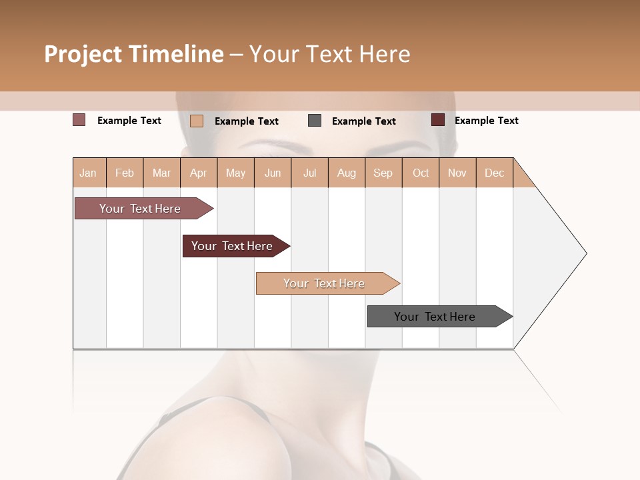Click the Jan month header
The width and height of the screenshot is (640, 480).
pyautogui.click(x=89, y=173)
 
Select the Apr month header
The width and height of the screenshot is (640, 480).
pyautogui.click(x=199, y=173)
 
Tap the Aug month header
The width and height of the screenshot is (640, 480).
pyautogui.click(x=347, y=173)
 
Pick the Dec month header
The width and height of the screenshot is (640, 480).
pyautogui.click(x=494, y=173)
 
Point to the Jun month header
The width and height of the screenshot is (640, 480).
pyautogui.click(x=273, y=173)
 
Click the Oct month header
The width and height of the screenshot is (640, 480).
pyautogui.click(x=421, y=173)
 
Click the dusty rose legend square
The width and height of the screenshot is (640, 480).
pyautogui.click(x=79, y=120)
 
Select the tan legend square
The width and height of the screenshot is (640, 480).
pyautogui.click(x=196, y=121)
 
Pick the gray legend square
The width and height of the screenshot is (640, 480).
pyautogui.click(x=315, y=121)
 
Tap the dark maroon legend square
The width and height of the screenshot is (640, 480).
pyautogui.click(x=437, y=120)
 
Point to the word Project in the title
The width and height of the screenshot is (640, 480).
pyautogui.click(x=83, y=54)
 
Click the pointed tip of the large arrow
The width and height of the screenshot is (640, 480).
pyautogui.click(x=585, y=253)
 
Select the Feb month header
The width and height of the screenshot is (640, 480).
pyautogui.click(x=125, y=173)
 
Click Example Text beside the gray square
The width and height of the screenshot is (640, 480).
pyautogui.click(x=363, y=121)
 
